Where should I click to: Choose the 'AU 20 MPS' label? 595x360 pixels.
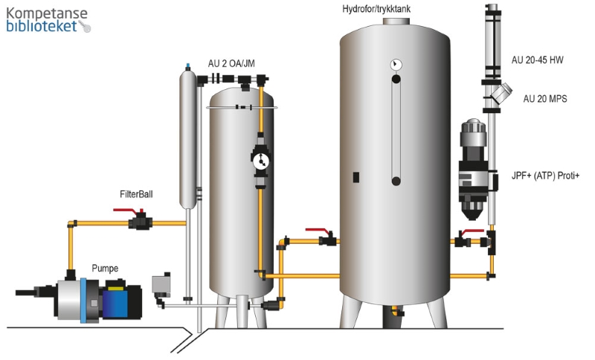[x=545, y=98]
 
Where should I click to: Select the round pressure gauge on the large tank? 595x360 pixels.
[x=396, y=65]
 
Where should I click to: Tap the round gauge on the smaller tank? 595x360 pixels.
[x=260, y=161]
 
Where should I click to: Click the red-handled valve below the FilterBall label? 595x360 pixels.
[x=138, y=221]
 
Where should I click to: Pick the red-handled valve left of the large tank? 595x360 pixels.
[x=325, y=239]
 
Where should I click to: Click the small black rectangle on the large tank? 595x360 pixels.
[x=356, y=177]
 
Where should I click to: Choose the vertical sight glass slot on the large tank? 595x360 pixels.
[x=396, y=130]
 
